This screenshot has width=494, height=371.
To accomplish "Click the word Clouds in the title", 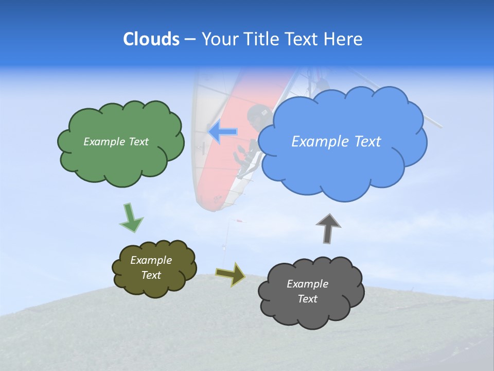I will [151, 39].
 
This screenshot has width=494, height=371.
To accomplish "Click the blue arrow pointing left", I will [223, 132].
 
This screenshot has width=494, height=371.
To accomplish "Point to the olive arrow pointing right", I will [230, 274].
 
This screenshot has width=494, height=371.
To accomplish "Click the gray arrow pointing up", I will [328, 227].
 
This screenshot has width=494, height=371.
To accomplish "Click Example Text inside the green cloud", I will [116, 142].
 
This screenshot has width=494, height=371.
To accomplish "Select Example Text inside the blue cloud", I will [336, 142].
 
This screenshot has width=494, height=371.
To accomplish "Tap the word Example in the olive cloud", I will [151, 260].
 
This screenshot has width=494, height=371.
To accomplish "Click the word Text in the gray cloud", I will [307, 299].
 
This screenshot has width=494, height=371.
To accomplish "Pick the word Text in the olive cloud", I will [151, 275].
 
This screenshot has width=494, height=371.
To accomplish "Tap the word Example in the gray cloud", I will [307, 284].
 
